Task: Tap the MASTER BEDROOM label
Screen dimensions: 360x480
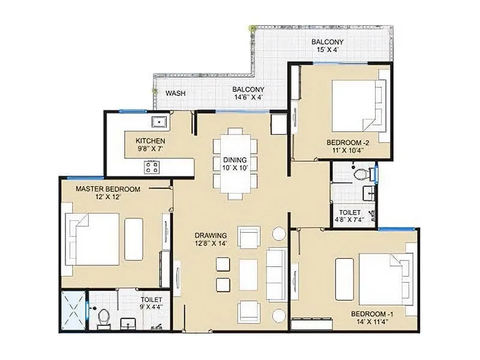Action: (x=108, y=188)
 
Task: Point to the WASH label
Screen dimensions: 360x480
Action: (x=175, y=94)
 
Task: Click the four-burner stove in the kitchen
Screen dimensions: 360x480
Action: (x=152, y=166)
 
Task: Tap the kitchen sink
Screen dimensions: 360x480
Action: (x=159, y=122)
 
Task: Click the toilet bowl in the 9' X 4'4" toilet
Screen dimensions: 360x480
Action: (x=103, y=317)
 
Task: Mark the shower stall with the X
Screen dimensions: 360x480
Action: (x=73, y=311)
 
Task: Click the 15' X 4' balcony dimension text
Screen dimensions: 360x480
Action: (x=327, y=50)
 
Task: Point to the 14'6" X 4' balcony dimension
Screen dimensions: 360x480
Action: (x=248, y=98)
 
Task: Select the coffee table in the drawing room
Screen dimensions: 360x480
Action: (x=248, y=274)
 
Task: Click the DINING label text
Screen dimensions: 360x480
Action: (x=235, y=160)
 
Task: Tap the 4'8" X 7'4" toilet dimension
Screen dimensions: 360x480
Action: (x=349, y=220)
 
